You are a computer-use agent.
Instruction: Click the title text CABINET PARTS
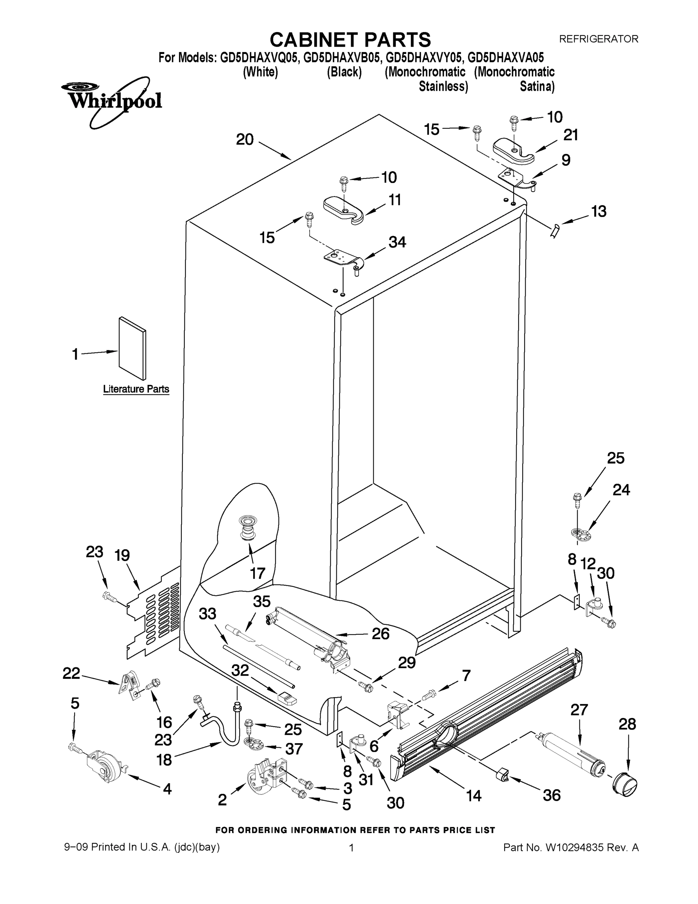click(x=350, y=40)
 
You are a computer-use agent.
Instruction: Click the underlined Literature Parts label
click(x=136, y=389)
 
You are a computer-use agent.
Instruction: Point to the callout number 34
click(x=397, y=242)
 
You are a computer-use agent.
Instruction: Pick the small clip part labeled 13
click(x=554, y=230)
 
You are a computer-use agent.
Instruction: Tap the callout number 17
click(x=257, y=573)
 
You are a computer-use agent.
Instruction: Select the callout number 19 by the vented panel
click(x=122, y=555)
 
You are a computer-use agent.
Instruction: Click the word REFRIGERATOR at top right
click(x=598, y=39)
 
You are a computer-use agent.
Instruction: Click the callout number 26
click(x=380, y=633)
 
